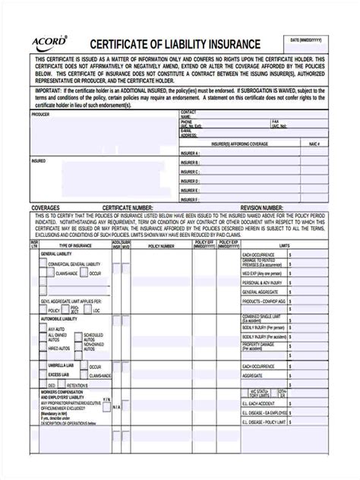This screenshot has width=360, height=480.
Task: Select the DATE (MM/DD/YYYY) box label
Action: (305, 39)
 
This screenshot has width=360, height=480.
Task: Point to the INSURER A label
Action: (189, 153)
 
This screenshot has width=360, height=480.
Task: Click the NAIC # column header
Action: (314, 143)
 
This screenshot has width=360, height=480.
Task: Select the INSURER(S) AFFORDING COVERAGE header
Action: (241, 143)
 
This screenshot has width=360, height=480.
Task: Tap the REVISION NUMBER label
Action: (262, 207)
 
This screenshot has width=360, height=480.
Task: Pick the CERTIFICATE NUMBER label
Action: (128, 207)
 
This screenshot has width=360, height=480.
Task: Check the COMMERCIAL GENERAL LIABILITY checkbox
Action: (43, 264)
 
